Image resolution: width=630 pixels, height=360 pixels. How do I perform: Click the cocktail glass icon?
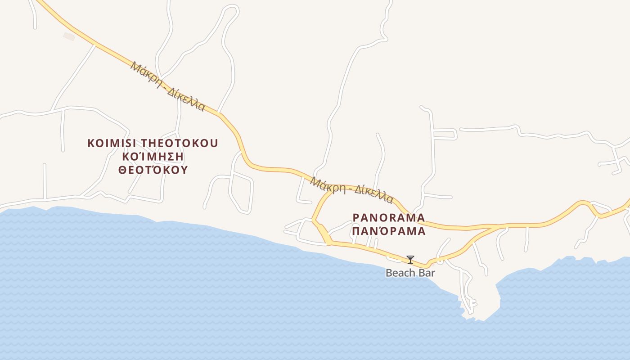410,259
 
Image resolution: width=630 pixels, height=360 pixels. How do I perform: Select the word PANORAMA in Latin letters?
389,218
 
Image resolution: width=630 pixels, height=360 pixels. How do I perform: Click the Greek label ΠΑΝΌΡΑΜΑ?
389,231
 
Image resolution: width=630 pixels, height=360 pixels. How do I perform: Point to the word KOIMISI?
112,144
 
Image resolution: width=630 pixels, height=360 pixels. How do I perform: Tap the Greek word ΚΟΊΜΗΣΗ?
153,157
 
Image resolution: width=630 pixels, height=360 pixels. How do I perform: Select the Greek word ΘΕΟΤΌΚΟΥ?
153,170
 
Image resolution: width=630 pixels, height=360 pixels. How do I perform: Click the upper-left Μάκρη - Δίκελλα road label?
168,86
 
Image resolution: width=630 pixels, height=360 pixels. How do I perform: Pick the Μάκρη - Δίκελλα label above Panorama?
352,190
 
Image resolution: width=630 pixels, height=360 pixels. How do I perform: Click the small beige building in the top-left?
69,36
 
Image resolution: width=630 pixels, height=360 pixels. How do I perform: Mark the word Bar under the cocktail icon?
427,273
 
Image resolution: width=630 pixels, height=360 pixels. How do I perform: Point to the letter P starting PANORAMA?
356,218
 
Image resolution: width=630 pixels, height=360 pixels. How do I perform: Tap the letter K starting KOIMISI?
90,144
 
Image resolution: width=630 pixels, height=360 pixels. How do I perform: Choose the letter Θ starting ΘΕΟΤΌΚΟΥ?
122,170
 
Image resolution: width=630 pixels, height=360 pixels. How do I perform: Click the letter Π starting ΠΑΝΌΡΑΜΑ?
356,231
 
